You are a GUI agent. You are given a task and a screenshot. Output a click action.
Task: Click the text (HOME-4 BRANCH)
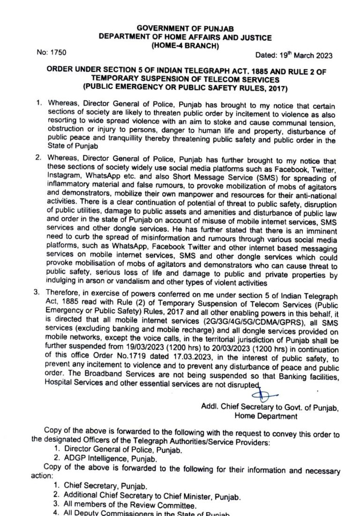(x=185, y=46)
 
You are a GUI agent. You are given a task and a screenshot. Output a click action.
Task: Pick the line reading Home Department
(x=265, y=416)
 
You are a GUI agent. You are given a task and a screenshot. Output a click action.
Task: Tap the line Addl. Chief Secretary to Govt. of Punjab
(x=265, y=406)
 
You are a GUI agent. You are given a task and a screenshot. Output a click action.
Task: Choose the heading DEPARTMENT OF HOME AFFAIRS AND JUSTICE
(x=185, y=37)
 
